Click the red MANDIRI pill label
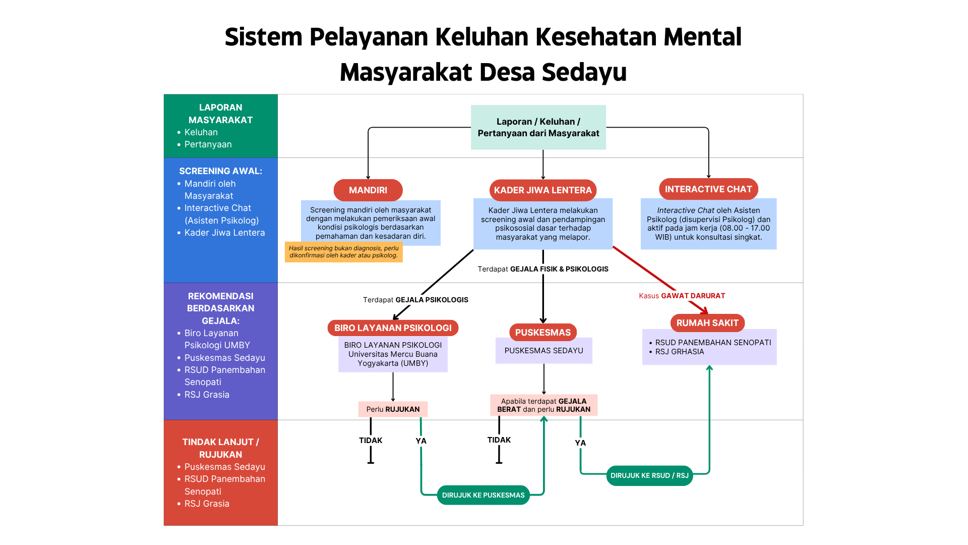pyautogui.click(x=368, y=190)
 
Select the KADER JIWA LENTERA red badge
pyautogui.click(x=542, y=190)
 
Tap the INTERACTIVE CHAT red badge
pyautogui.click(x=708, y=189)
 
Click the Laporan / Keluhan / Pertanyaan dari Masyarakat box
pyautogui.click(x=538, y=127)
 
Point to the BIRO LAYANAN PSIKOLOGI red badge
pyautogui.click(x=393, y=328)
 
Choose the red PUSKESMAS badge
pyautogui.click(x=542, y=333)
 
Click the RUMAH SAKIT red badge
pyautogui.click(x=707, y=323)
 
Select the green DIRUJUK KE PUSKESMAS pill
pyautogui.click(x=483, y=495)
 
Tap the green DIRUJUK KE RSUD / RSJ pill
pyautogui.click(x=649, y=475)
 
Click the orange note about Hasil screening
pyautogui.click(x=343, y=252)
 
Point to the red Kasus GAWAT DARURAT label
pyautogui.click(x=682, y=296)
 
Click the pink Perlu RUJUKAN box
pyautogui.click(x=393, y=409)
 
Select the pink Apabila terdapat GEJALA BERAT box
pyautogui.click(x=543, y=405)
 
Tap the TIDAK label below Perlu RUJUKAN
pyautogui.click(x=371, y=441)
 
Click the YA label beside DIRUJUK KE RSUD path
pyautogui.click(x=580, y=443)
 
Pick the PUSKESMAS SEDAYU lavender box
pyautogui.click(x=543, y=351)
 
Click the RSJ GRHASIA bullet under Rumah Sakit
pyautogui.click(x=679, y=352)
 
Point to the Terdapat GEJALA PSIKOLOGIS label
pyautogui.click(x=415, y=300)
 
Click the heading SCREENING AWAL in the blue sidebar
pyautogui.click(x=220, y=171)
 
